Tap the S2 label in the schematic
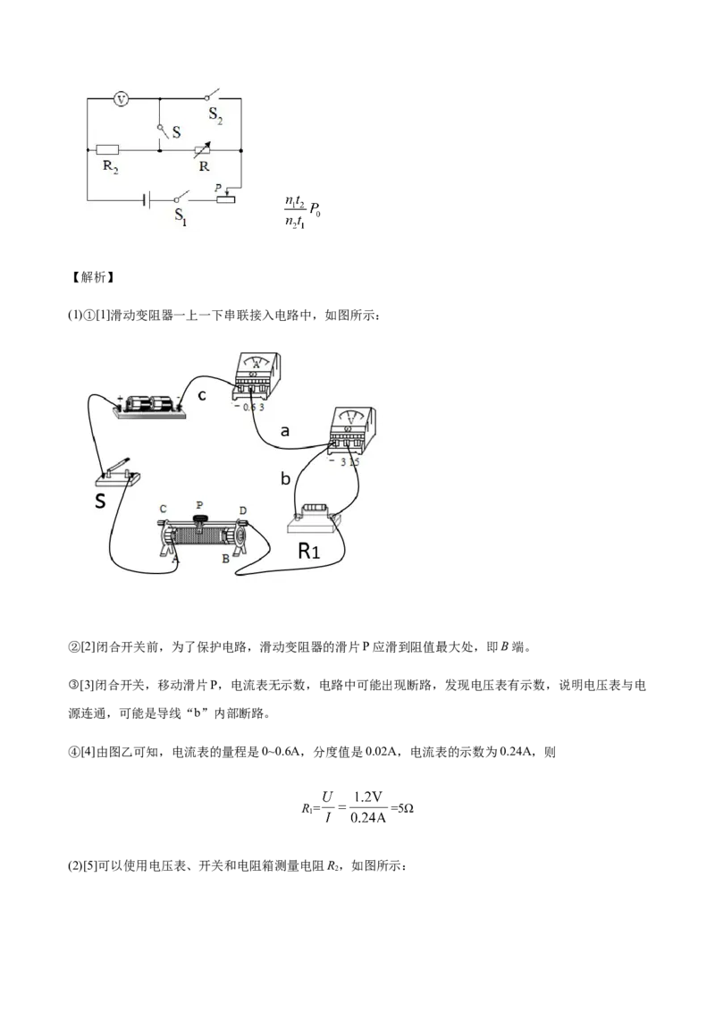pos(216,114)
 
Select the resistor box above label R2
pos(108,150)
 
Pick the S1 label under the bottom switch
pos(181,215)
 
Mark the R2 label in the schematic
pos(108,170)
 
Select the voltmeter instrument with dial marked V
pos(352,429)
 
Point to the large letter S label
pos(101,502)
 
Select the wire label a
pos(285,431)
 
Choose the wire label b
pos(285,479)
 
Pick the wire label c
pos(203,394)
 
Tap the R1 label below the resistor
pos(308,552)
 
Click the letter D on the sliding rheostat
pos(242,510)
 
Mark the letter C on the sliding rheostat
pos(163,510)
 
